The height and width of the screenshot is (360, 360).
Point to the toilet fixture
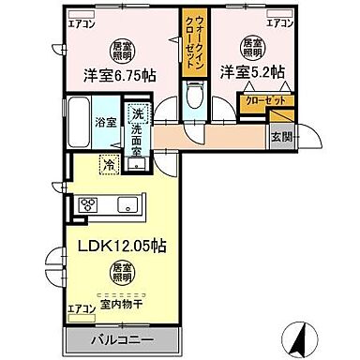coord(195,96)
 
